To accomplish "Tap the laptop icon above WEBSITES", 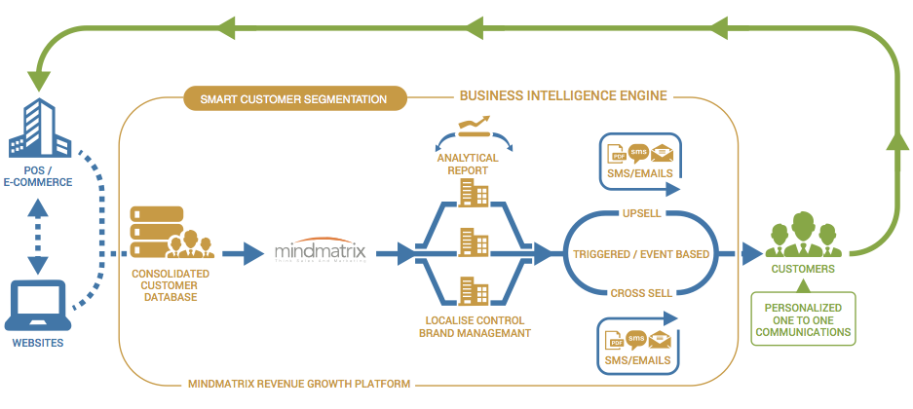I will (40, 303).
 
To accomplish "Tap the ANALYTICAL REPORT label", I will (467, 164).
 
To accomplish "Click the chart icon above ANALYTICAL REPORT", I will (474, 126).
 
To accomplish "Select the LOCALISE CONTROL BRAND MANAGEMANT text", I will (471, 326).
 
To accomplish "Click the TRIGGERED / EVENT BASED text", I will (641, 254).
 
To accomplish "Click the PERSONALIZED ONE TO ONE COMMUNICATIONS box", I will (802, 318).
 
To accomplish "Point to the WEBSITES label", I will (40, 344).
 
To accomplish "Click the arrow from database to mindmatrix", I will (243, 254).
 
